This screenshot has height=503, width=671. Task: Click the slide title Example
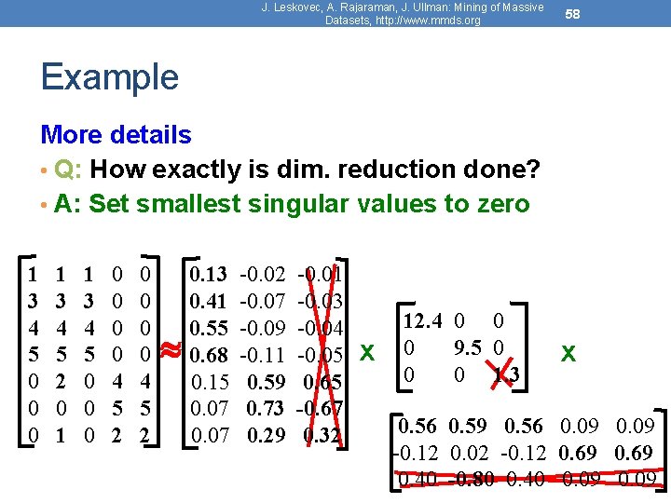pyautogui.click(x=109, y=77)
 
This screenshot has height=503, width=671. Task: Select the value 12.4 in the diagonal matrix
pyautogui.click(x=422, y=320)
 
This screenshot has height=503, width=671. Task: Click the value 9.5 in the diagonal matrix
pyautogui.click(x=467, y=347)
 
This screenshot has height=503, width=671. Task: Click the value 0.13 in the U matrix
pyautogui.click(x=208, y=274)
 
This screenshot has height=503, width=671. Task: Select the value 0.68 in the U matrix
pyautogui.click(x=208, y=355)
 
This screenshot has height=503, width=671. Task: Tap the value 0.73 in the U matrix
pyautogui.click(x=266, y=409)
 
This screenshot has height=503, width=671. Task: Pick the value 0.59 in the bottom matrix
pyautogui.click(x=468, y=428)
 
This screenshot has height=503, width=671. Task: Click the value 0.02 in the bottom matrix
pyautogui.click(x=468, y=454)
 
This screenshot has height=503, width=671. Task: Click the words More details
pyautogui.click(x=116, y=135)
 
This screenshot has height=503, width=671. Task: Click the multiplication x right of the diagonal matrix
pyautogui.click(x=567, y=354)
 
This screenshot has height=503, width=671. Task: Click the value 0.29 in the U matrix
pyautogui.click(x=266, y=435)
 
